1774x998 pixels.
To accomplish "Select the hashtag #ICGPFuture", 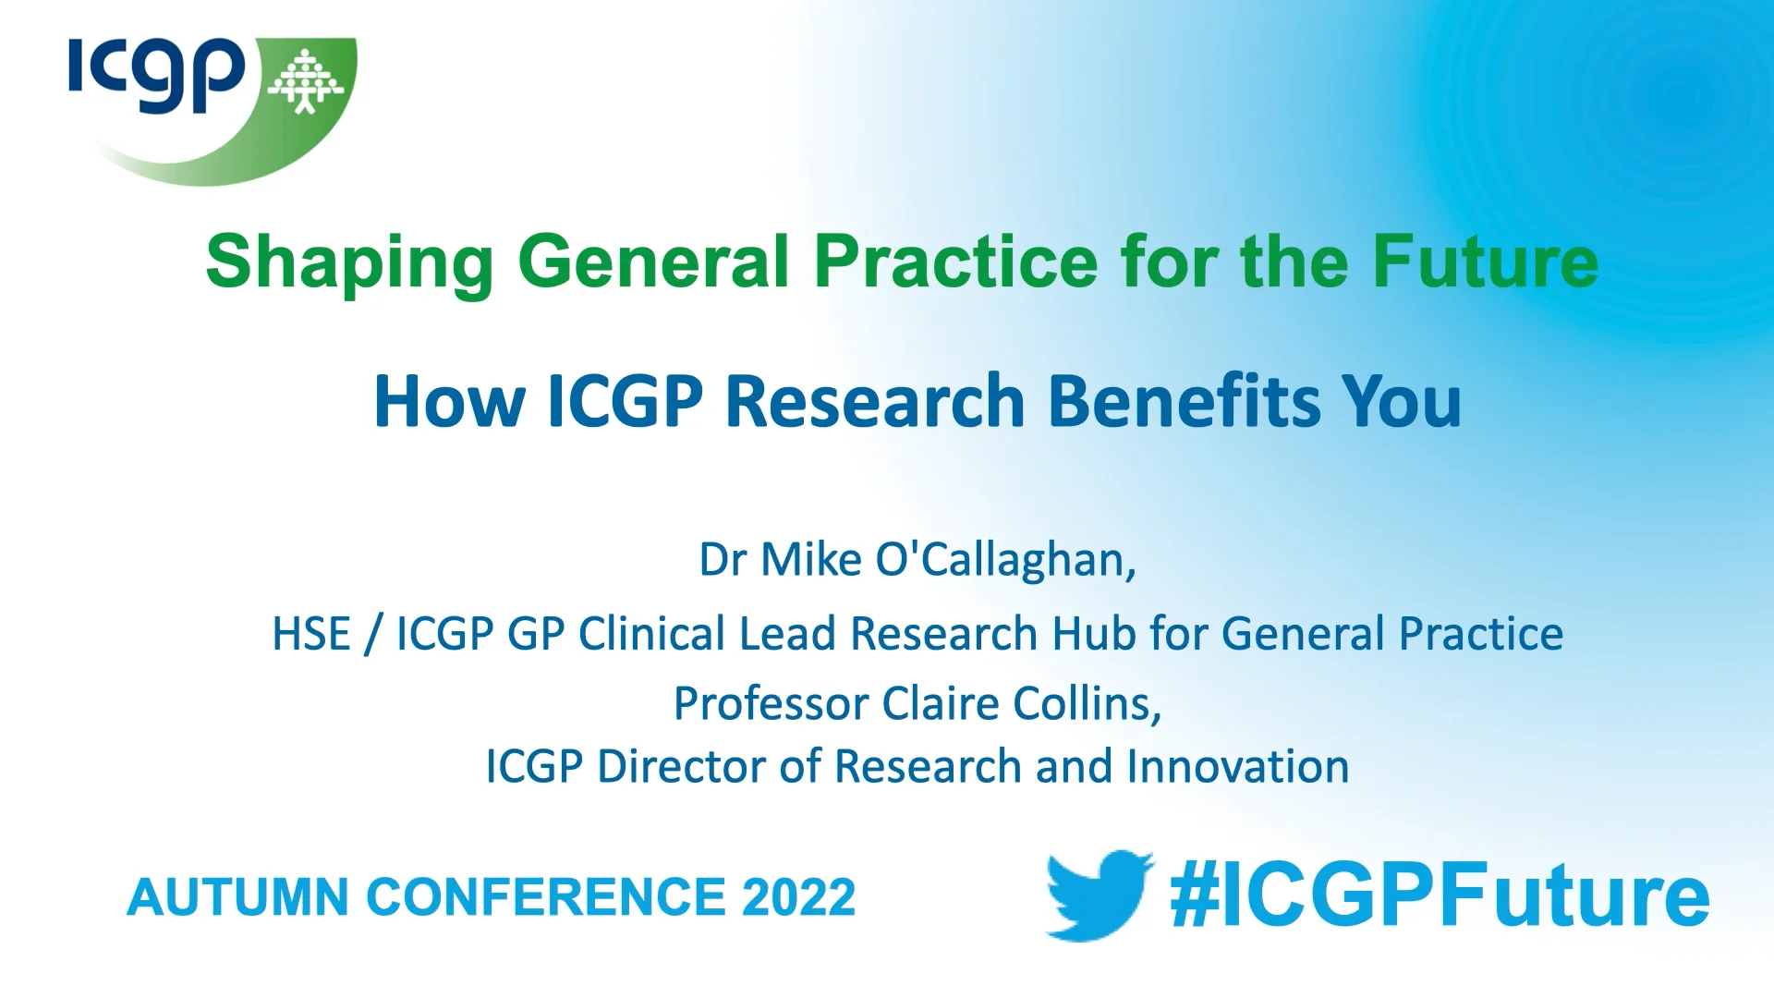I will pyautogui.click(x=1439, y=895).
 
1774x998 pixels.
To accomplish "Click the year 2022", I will pyautogui.click(x=798, y=897).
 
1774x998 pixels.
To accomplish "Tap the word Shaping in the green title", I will pyautogui.click(x=350, y=262).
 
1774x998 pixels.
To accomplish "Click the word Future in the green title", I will pyautogui.click(x=1485, y=262).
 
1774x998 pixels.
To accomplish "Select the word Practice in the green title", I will pyautogui.click(x=955, y=262).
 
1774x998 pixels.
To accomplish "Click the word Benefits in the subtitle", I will pyautogui.click(x=1185, y=401).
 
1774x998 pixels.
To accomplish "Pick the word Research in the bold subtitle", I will pyautogui.click(x=875, y=401).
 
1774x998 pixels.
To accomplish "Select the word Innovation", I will pyautogui.click(x=1237, y=767).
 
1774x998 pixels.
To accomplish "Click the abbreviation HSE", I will pyautogui.click(x=310, y=635).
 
